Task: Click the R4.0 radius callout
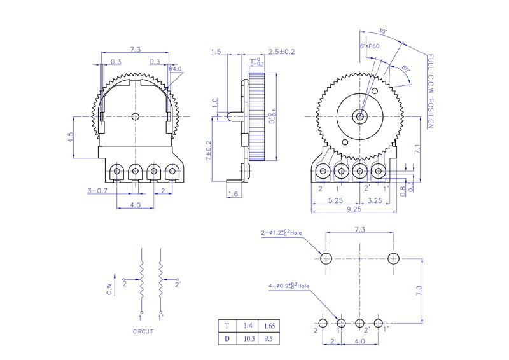(x=176, y=69)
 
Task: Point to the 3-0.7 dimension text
(x=97, y=191)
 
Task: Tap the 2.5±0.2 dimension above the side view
(x=281, y=52)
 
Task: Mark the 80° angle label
(x=405, y=69)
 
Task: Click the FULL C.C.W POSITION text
(x=431, y=91)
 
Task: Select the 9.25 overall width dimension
(x=355, y=208)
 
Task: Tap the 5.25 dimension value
(x=337, y=200)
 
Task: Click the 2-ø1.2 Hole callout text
(x=282, y=233)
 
